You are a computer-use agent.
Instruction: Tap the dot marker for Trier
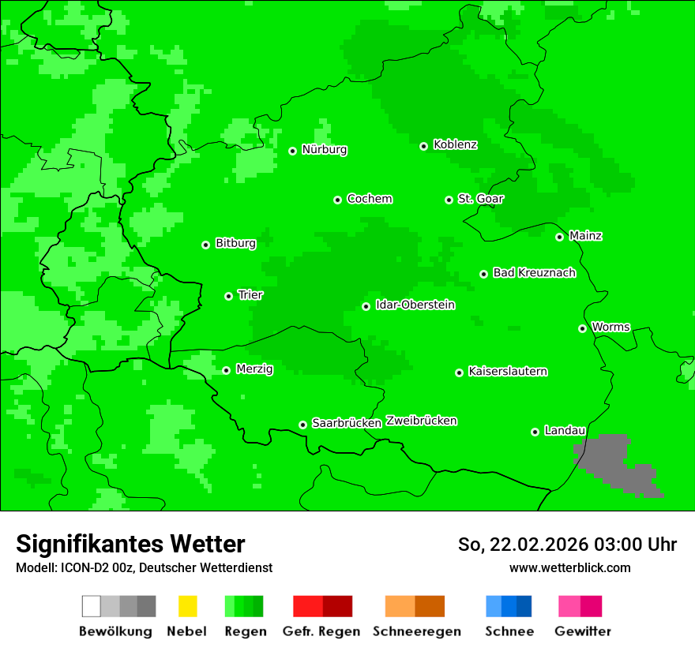click(x=229, y=296)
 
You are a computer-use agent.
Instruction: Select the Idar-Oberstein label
click(x=415, y=305)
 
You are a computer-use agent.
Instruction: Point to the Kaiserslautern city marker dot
click(x=460, y=372)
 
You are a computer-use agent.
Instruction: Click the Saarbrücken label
click(x=347, y=423)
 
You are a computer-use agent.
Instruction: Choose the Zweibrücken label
click(x=421, y=421)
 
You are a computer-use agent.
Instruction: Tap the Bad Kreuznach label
click(x=534, y=273)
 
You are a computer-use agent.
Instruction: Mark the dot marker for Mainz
click(x=560, y=237)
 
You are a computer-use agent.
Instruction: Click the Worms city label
click(x=610, y=327)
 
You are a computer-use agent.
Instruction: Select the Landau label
click(x=565, y=431)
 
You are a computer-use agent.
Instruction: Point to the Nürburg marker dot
click(x=293, y=151)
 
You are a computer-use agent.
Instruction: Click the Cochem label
click(x=369, y=199)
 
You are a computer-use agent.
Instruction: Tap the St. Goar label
click(x=480, y=199)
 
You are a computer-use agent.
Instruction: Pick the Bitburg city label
click(x=235, y=244)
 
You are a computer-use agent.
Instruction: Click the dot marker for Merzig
click(x=227, y=370)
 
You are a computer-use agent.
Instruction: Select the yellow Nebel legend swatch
click(x=187, y=606)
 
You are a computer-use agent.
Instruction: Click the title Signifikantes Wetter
click(x=130, y=545)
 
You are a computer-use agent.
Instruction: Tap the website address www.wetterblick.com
click(x=569, y=568)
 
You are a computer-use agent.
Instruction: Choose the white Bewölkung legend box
click(x=92, y=606)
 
